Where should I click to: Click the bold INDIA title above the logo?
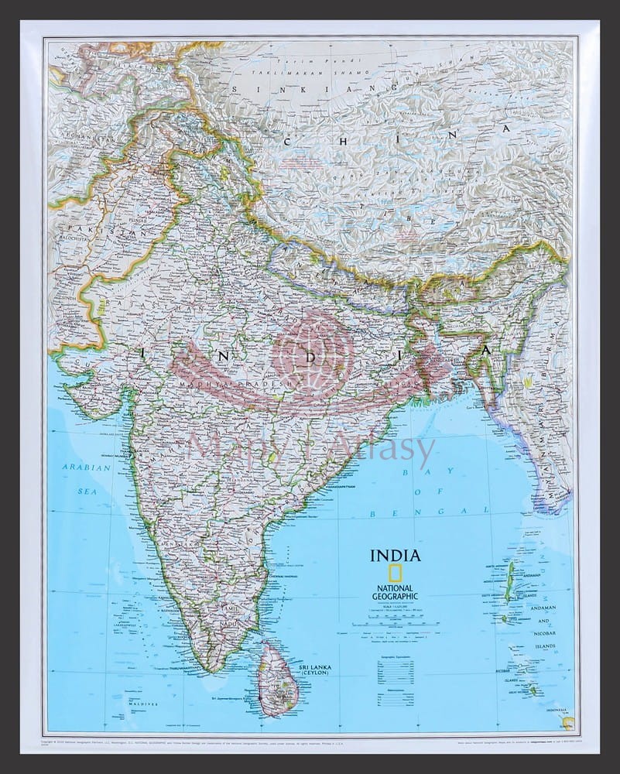click(396, 556)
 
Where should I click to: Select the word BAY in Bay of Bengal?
click(412, 471)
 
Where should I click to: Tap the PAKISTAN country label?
click(87, 231)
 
